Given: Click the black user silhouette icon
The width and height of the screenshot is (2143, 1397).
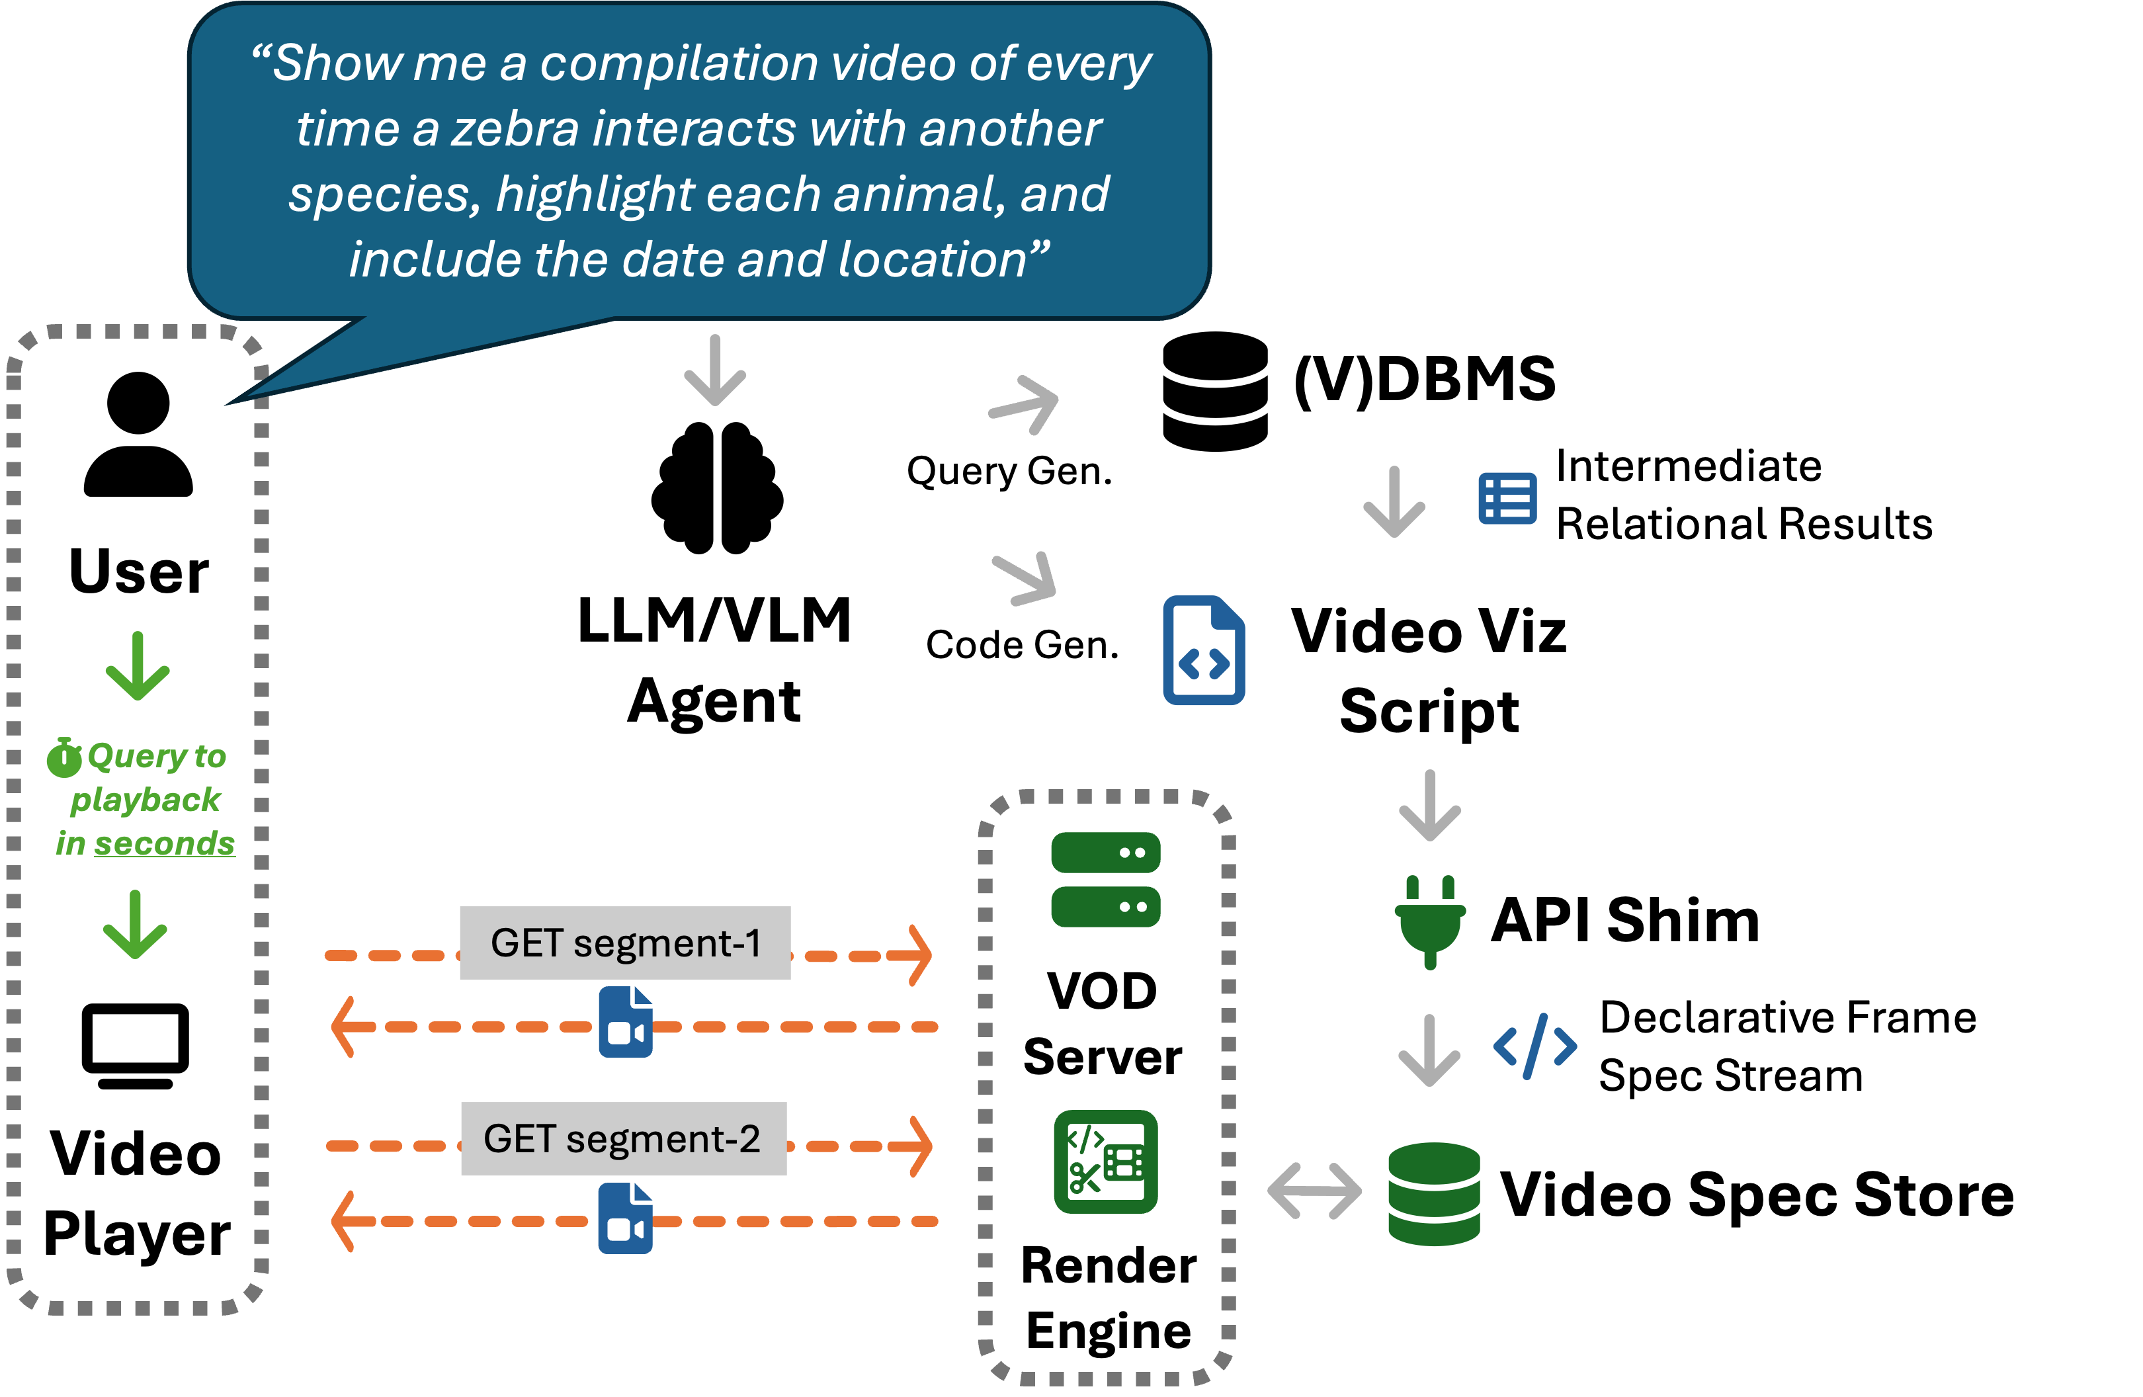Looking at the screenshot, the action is click(138, 433).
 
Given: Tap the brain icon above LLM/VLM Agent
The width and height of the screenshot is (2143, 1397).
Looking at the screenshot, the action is click(717, 487).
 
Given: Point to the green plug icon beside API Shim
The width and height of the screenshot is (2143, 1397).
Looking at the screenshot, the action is click(1430, 921).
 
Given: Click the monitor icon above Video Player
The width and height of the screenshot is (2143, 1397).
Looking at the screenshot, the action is click(135, 1046).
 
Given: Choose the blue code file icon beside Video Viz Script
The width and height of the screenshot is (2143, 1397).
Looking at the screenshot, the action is click(1204, 650).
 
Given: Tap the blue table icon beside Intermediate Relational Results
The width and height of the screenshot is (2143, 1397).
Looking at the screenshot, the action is click(1507, 498).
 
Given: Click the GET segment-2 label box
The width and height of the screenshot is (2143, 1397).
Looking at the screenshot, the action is click(623, 1138).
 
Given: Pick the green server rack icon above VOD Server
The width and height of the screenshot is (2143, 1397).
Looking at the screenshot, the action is click(1106, 879).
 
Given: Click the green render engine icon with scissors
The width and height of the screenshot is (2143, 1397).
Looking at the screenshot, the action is click(1106, 1162).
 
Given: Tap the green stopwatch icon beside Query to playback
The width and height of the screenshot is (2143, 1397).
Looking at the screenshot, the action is click(64, 757).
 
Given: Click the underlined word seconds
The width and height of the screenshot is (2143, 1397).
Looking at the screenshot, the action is click(164, 844).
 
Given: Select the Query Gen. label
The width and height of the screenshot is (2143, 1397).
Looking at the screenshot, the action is click(1009, 471).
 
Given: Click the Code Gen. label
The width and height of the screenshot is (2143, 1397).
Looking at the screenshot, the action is click(1022, 645).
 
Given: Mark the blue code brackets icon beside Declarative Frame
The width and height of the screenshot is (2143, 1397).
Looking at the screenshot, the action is click(1534, 1046).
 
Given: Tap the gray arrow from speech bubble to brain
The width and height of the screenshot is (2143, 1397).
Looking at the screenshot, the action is click(715, 370).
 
